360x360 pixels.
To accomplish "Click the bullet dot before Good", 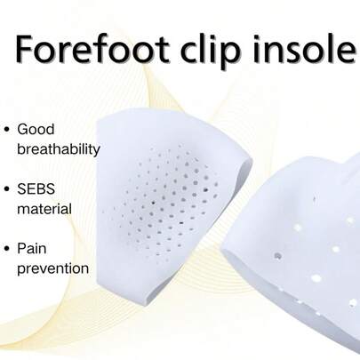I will pyautogui.click(x=8, y=129).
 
